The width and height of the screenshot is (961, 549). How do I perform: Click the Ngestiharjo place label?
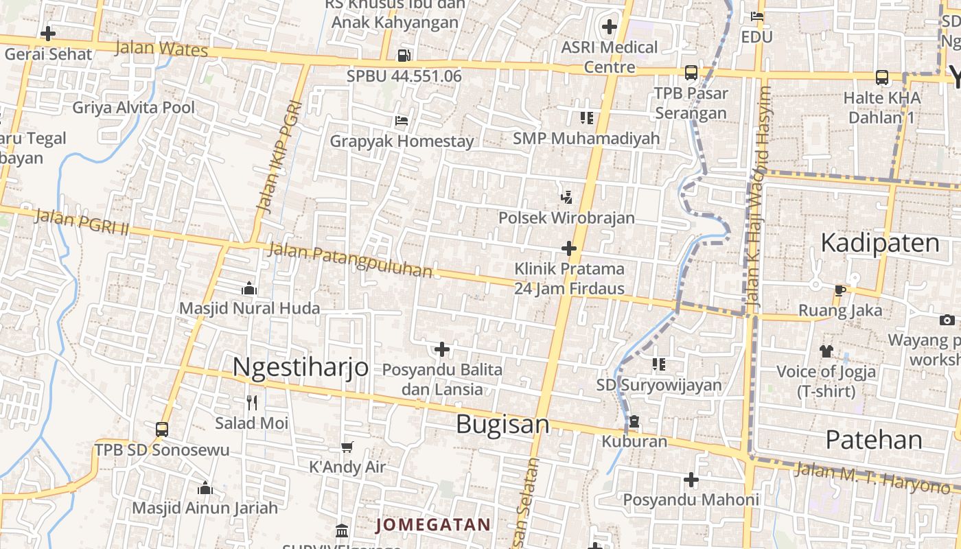tap(300, 366)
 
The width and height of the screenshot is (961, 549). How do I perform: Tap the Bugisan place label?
tap(502, 424)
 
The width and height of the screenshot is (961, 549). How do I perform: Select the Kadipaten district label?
tap(879, 243)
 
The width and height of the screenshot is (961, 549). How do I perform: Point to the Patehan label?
tap(874, 439)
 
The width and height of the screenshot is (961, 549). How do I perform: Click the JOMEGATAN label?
tap(433, 525)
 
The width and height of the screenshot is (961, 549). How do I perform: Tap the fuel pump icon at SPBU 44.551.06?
tap(404, 55)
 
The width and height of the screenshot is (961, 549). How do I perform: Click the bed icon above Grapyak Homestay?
tap(402, 121)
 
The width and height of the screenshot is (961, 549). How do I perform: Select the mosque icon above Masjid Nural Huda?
tap(249, 289)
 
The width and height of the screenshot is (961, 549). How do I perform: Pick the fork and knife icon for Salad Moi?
tap(252, 402)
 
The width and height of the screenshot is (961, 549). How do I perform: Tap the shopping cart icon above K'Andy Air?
tap(347, 447)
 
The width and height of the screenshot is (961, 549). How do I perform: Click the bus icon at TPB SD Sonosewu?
tap(162, 430)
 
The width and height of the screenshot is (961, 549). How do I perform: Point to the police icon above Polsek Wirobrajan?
tap(566, 198)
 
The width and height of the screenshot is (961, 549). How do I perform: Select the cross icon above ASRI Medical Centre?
tap(609, 27)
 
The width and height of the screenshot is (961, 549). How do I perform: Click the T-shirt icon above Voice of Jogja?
tap(826, 351)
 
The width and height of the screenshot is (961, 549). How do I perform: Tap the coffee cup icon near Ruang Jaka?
tap(840, 290)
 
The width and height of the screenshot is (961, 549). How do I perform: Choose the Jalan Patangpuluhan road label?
tap(349, 261)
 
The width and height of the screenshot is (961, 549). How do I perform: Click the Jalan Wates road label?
tap(161, 49)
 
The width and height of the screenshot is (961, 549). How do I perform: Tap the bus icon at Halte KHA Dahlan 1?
tap(882, 78)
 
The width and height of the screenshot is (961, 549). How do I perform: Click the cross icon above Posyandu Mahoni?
tap(691, 480)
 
